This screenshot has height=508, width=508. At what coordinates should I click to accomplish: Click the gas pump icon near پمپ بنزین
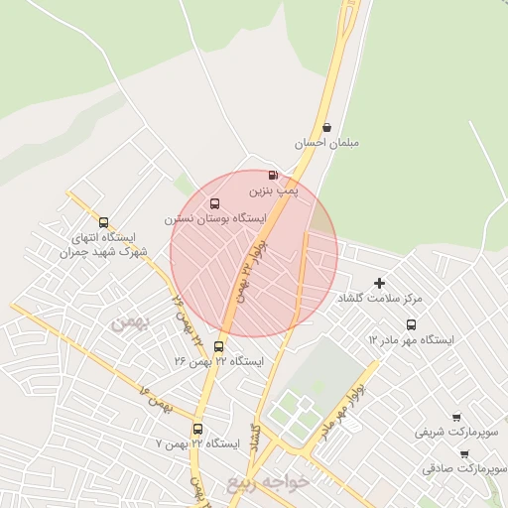pos(273,175)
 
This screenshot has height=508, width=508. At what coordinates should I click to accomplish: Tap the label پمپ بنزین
pos(272,189)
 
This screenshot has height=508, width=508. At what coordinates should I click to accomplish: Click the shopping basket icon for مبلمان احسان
pos(326,127)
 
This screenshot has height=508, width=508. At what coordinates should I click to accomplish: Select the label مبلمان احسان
pos(325,143)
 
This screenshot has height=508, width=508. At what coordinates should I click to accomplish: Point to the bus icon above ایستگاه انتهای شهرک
pos(104,223)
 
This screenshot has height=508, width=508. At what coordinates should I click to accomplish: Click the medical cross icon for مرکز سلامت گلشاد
pos(379,284)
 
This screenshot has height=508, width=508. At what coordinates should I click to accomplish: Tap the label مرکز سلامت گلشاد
pos(380,298)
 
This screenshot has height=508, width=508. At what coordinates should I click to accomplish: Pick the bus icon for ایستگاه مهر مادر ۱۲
pos(411,324)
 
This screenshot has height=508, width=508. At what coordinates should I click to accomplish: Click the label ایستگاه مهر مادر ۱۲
pos(411,339)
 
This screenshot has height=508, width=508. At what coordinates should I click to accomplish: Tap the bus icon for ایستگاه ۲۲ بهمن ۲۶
pos(219,346)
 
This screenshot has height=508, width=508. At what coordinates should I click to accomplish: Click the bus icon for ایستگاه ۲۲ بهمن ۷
pos(197,430)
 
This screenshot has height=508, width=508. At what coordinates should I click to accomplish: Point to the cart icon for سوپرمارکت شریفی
pos(455,418)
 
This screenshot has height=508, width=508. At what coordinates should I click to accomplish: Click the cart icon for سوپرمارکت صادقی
pos(464,453)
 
